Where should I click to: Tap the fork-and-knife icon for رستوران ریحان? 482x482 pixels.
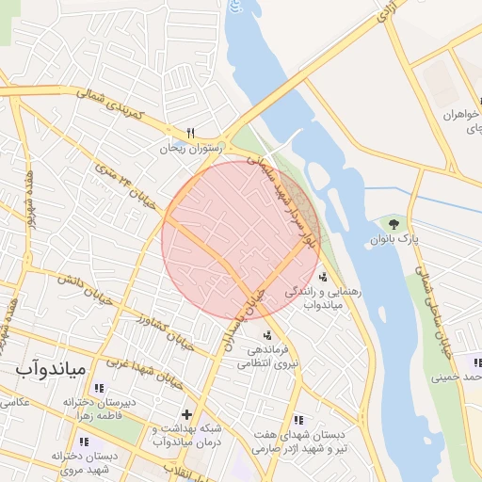point(191,133)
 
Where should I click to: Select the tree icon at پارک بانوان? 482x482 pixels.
point(393,223)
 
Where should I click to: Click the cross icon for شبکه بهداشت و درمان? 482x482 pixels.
point(186,413)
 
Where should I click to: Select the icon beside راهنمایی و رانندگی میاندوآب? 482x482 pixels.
point(323,277)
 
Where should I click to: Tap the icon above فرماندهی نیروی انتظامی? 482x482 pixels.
point(267,335)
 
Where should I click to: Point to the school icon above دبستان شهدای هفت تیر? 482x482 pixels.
point(298,420)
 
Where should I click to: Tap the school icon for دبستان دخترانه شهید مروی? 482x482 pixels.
point(84,442)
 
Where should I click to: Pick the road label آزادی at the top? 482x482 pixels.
point(387,12)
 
